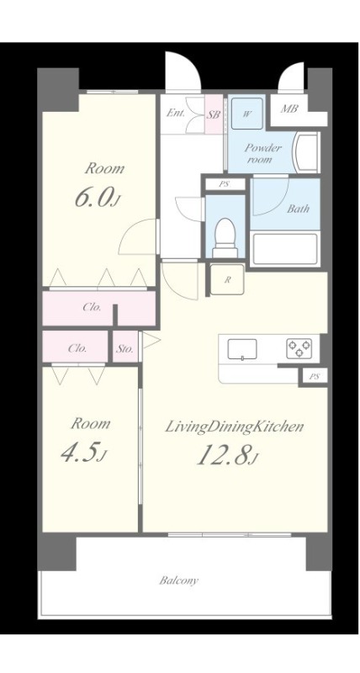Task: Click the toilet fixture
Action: [x=225, y=237]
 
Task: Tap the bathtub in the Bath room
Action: [x=285, y=249]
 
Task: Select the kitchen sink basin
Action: [x=242, y=348]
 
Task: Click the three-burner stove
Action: [x=299, y=348]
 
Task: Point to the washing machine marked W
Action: [x=247, y=114]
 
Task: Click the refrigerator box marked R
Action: [x=227, y=279]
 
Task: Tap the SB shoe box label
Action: [x=214, y=114]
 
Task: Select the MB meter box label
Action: [x=289, y=109]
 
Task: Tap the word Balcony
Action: [x=179, y=581]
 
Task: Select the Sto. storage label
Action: [x=126, y=348]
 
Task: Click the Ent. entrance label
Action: [x=176, y=114]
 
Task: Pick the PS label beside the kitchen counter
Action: [x=315, y=377]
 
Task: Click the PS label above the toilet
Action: [x=224, y=185]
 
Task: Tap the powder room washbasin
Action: [x=306, y=152]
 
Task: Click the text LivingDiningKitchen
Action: [x=235, y=427]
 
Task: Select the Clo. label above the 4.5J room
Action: [x=77, y=348]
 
